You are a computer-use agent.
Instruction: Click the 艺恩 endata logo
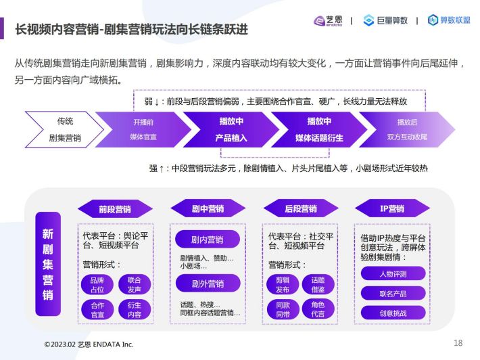pos(328,21)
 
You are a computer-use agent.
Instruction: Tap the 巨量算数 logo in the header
pos(385,20)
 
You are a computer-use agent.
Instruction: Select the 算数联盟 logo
pos(449,20)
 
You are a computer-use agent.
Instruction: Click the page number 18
pos(458,343)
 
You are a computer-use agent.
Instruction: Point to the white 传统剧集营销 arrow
pos(64,130)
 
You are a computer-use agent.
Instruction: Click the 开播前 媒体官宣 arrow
pos(143,130)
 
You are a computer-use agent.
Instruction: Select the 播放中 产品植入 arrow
pos(231,130)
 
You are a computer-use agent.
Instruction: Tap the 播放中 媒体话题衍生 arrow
pos(319,130)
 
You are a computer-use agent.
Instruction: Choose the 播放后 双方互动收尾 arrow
pos(407,130)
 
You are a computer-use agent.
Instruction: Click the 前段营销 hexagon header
pos(115,209)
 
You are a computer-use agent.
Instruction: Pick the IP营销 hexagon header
pos(392,208)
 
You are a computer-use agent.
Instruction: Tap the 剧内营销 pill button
pos(208,240)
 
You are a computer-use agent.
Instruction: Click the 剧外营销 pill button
pos(208,284)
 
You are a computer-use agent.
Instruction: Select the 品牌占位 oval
pos(97,285)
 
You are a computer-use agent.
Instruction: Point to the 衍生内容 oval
pos(135,310)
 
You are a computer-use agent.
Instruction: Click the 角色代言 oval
pos(318,309)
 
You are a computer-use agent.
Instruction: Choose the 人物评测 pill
pos(393,273)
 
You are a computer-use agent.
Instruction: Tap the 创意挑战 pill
pos(393,313)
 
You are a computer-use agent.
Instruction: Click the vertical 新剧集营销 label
pos(48,264)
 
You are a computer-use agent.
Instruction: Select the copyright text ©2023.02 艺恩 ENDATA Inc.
pos(89,344)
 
